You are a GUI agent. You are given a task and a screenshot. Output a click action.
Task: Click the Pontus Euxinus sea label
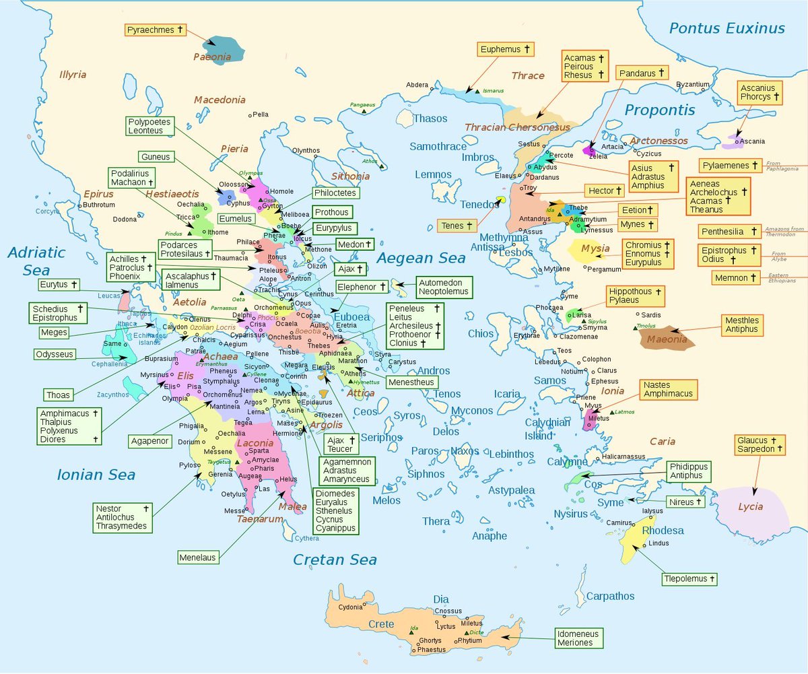point(727,28)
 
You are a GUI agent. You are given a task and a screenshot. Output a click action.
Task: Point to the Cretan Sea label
point(335,560)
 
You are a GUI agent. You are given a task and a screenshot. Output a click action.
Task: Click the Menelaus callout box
point(198,558)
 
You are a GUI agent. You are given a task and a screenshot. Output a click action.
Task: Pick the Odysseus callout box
point(55,354)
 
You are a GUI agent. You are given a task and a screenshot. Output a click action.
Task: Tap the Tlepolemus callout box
point(689,578)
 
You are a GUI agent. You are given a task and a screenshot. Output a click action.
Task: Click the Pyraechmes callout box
point(156,30)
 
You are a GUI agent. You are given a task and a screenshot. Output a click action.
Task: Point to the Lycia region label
point(751,506)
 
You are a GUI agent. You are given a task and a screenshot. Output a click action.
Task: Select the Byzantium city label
point(692,84)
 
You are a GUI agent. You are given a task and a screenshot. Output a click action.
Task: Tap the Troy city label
point(531,188)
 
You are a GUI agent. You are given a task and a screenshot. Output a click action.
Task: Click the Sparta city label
point(259,450)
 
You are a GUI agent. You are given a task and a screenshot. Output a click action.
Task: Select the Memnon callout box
point(737,277)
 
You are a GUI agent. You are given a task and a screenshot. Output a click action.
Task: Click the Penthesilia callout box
point(730,232)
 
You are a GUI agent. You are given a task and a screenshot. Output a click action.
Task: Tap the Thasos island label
point(430,119)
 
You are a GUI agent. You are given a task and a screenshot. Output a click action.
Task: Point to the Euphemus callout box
point(506,49)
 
